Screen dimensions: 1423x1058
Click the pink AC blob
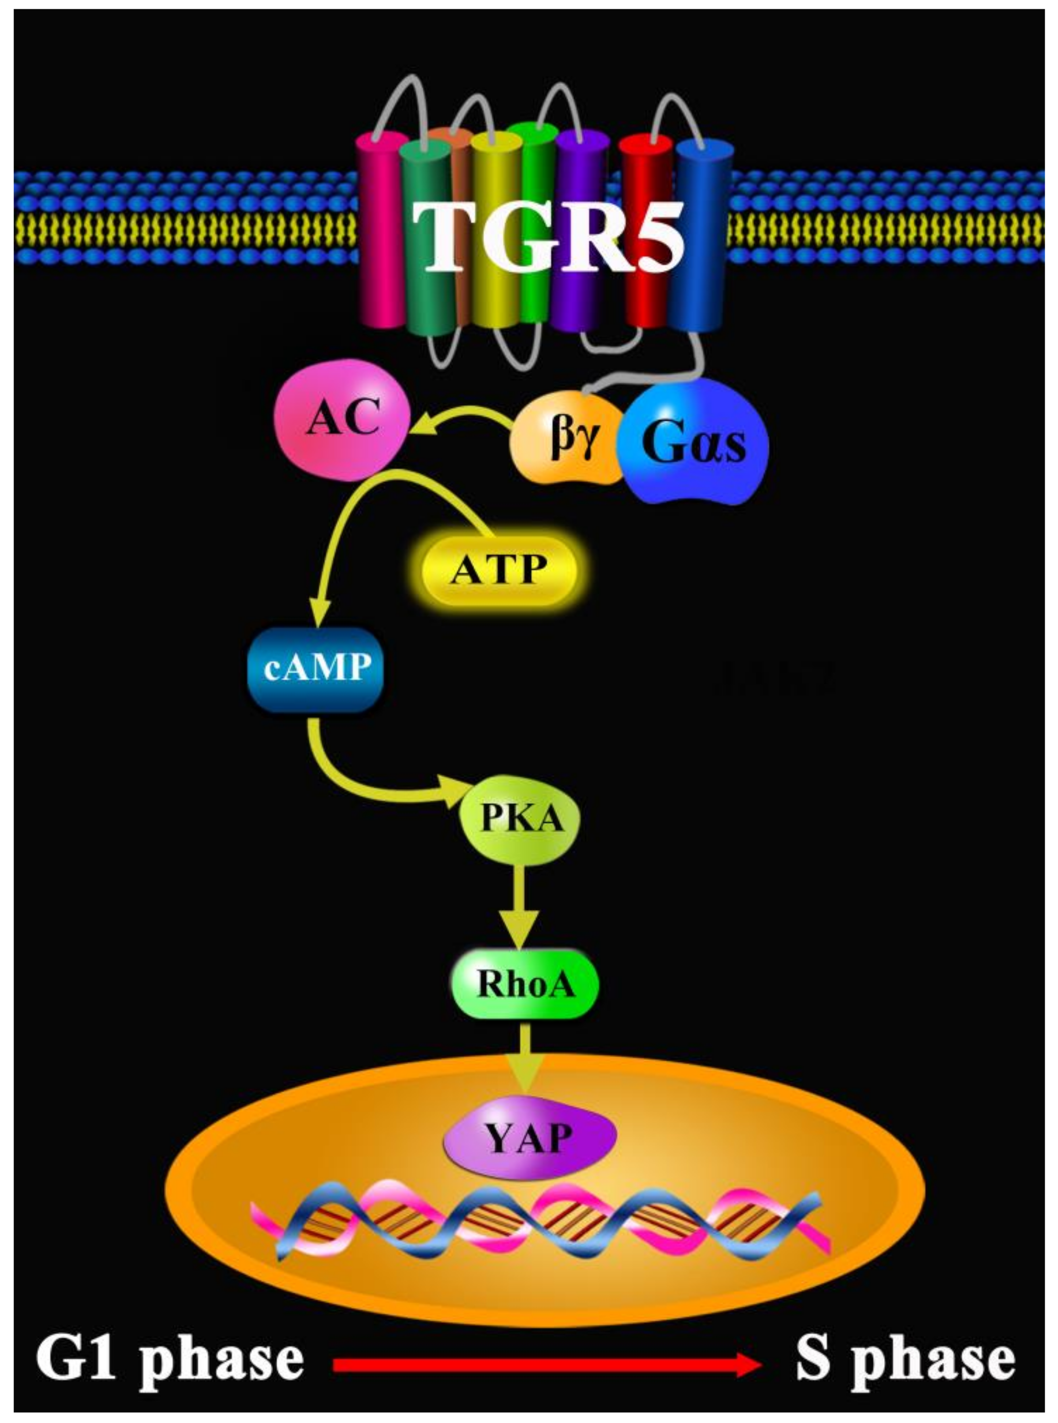tap(341, 420)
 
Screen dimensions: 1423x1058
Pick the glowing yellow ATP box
tap(498, 569)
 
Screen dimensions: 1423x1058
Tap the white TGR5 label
tap(548, 237)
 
